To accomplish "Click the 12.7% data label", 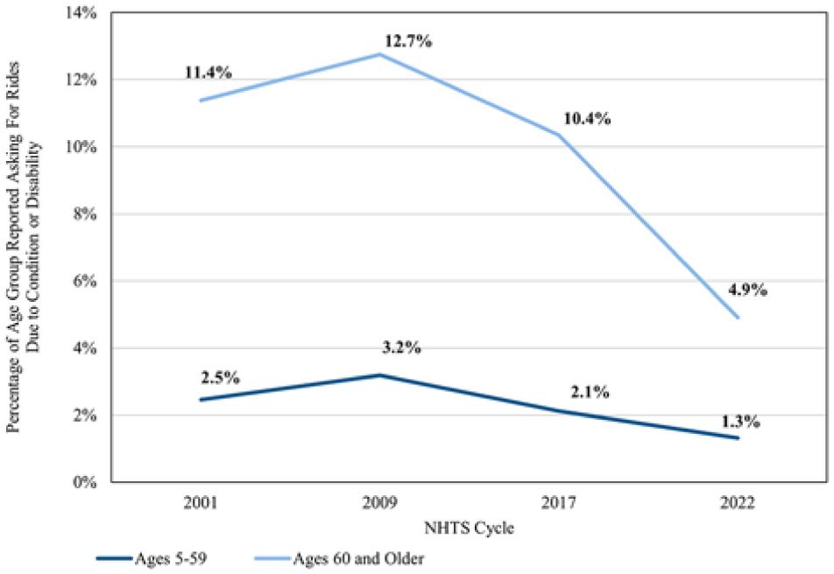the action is coord(408,41).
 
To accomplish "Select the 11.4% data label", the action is coord(208,73).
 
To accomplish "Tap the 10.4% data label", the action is coord(587,118).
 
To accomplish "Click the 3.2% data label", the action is coord(401,347).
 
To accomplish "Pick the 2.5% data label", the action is coord(220,378).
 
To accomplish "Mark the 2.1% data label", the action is coord(590,392).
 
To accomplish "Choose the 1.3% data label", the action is coord(740,422).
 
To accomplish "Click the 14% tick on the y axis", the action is coord(81,12).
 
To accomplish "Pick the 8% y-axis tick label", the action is coord(85,214).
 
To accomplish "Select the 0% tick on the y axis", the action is coord(85,482).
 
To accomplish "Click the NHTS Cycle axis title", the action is coord(470,528).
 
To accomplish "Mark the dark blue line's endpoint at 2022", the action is coord(738,438).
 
